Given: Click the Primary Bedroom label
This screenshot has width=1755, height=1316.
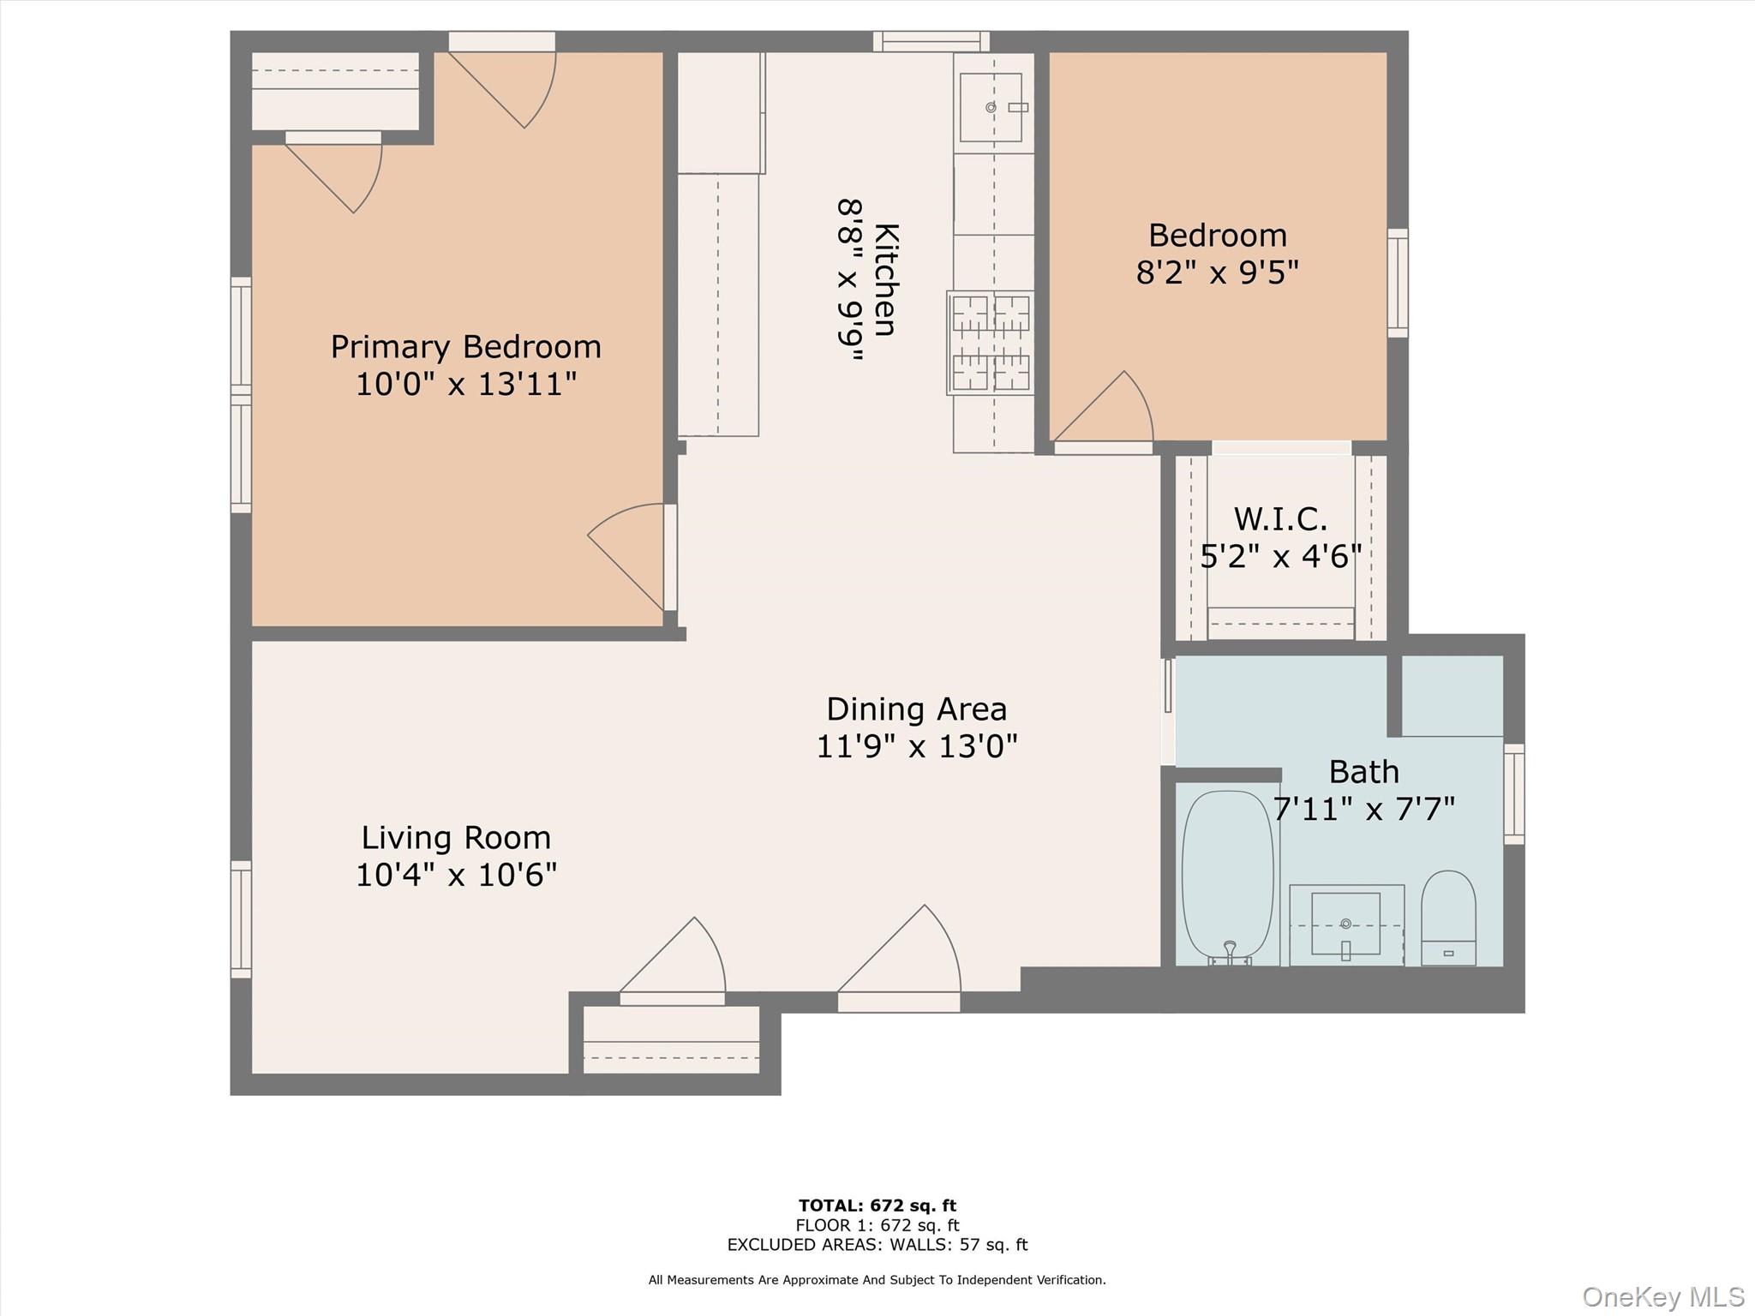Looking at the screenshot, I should coord(465,347).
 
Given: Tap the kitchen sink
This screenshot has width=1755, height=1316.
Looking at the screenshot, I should coord(991,107).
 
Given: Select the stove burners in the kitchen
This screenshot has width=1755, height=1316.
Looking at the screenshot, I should coord(991,343).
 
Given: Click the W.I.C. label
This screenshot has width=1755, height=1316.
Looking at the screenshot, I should coord(1280,519).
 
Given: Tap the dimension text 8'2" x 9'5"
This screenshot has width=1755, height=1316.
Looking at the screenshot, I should coord(1217,272).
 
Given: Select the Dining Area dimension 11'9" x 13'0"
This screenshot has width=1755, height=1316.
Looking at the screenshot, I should coord(916,746).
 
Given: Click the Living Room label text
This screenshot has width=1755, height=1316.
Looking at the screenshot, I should coord(456,837).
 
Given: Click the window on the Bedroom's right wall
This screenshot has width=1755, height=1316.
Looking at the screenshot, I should coord(1397,283).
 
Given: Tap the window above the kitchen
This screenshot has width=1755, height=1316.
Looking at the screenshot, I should coord(931,40).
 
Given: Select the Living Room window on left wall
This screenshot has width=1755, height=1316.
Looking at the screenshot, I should coord(241,919).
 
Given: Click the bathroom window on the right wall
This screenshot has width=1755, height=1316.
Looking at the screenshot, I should coord(1514,794).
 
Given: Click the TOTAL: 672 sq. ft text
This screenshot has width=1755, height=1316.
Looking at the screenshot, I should coord(877,1205).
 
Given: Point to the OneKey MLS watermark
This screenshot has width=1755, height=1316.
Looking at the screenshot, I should coord(1662,1296).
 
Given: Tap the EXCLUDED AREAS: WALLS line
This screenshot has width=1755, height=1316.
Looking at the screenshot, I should coord(877,1245).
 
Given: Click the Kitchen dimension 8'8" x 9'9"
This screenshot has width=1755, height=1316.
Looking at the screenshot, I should coord(850,280).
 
